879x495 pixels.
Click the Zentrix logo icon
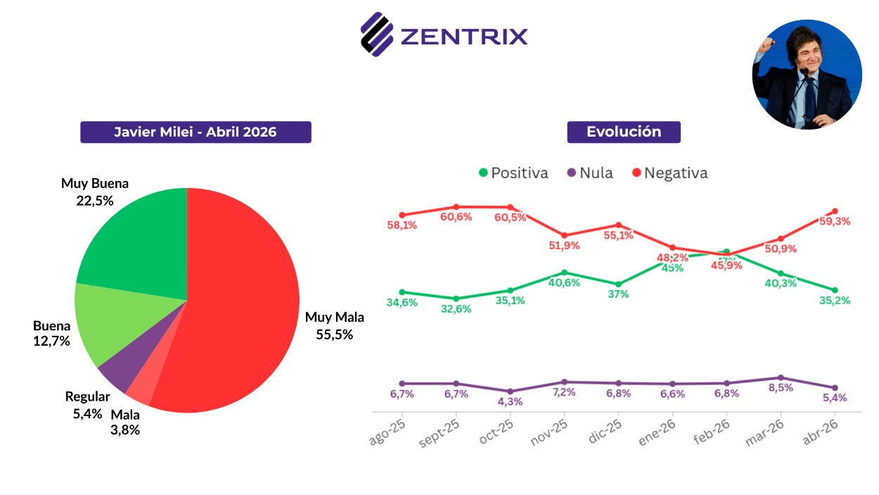point(376,34)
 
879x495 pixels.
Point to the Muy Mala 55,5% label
point(334,326)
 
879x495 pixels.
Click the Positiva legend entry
point(513,173)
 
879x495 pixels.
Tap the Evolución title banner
point(624,132)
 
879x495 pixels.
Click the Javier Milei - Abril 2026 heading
point(195,132)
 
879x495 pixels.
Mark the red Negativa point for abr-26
point(835,211)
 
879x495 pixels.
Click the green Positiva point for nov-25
point(565,272)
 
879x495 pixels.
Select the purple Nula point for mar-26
point(781,377)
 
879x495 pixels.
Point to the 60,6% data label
point(456,216)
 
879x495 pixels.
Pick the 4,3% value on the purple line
point(511,402)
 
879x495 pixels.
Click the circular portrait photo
point(807,74)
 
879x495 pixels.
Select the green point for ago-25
point(402,292)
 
